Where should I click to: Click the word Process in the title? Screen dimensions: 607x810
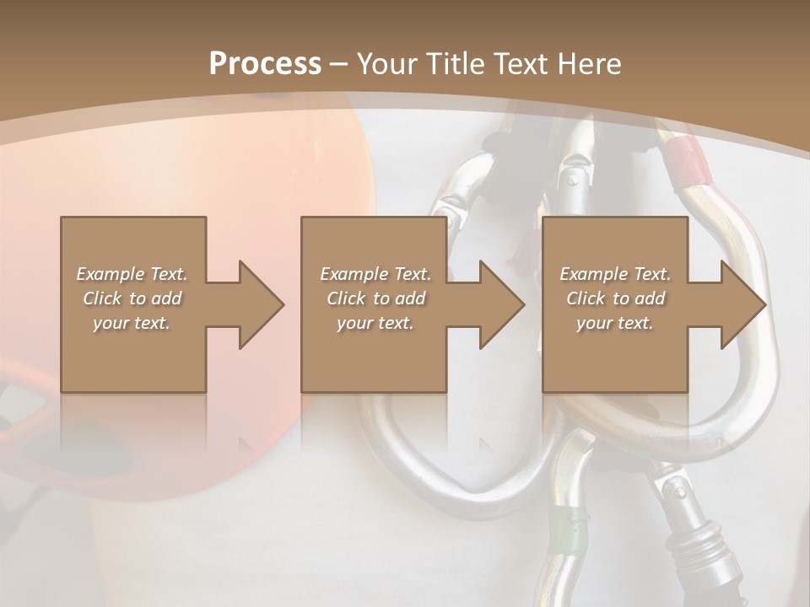tap(265, 63)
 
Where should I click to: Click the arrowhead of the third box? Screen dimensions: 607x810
tap(742, 304)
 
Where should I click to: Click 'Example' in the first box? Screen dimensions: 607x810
tap(109, 274)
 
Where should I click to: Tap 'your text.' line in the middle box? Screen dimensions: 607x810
tap(375, 323)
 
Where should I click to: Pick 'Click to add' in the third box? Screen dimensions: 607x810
tap(615, 298)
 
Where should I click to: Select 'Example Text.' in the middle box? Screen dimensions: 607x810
tap(375, 274)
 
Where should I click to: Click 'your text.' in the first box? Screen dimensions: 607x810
tap(132, 323)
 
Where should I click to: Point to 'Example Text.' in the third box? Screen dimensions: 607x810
tap(615, 274)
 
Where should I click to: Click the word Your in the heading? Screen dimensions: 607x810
tap(385, 63)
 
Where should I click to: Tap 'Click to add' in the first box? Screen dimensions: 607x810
tap(132, 298)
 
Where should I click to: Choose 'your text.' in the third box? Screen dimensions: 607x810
tap(615, 323)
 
